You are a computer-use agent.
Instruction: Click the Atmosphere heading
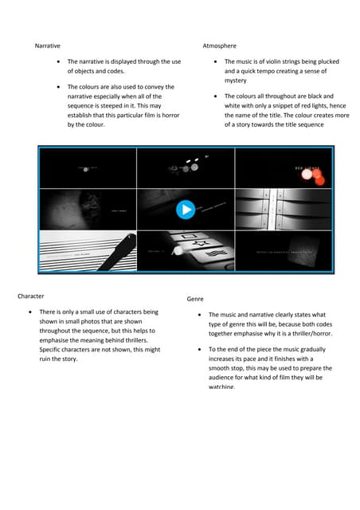[x=220, y=46]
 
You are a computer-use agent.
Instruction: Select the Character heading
[x=31, y=296]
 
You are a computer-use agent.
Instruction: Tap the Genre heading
[x=195, y=299]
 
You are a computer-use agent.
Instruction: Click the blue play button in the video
[x=186, y=210]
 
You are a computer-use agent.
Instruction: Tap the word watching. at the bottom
[x=222, y=386]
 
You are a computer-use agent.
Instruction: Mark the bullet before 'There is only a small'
[x=30, y=312]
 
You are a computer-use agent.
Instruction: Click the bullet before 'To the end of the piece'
[x=199, y=350]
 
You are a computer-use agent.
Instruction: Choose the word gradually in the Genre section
[x=315, y=350]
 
